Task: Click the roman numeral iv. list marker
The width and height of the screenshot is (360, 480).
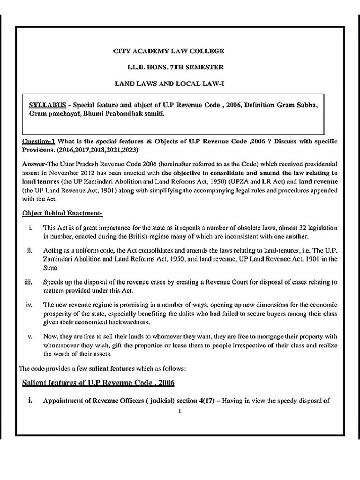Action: point(28,305)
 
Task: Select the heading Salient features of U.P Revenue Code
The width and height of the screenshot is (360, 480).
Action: point(98,383)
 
